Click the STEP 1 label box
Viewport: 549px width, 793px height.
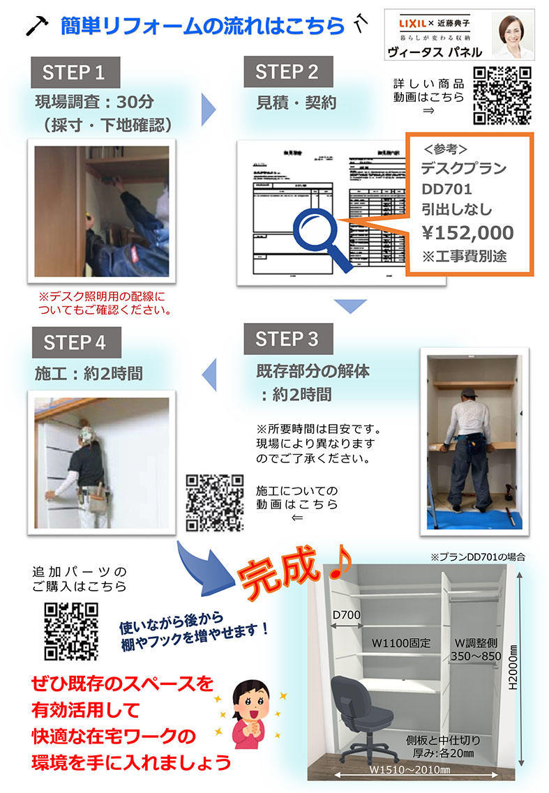(75, 73)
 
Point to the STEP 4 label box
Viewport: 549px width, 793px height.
(75, 343)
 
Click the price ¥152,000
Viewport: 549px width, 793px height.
(467, 232)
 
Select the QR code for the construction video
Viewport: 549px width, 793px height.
(215, 502)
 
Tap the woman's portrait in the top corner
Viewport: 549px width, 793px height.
(513, 35)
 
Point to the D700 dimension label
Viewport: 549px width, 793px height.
(347, 615)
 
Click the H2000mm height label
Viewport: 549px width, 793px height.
(513, 667)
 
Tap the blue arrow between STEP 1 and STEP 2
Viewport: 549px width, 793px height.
(208, 106)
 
